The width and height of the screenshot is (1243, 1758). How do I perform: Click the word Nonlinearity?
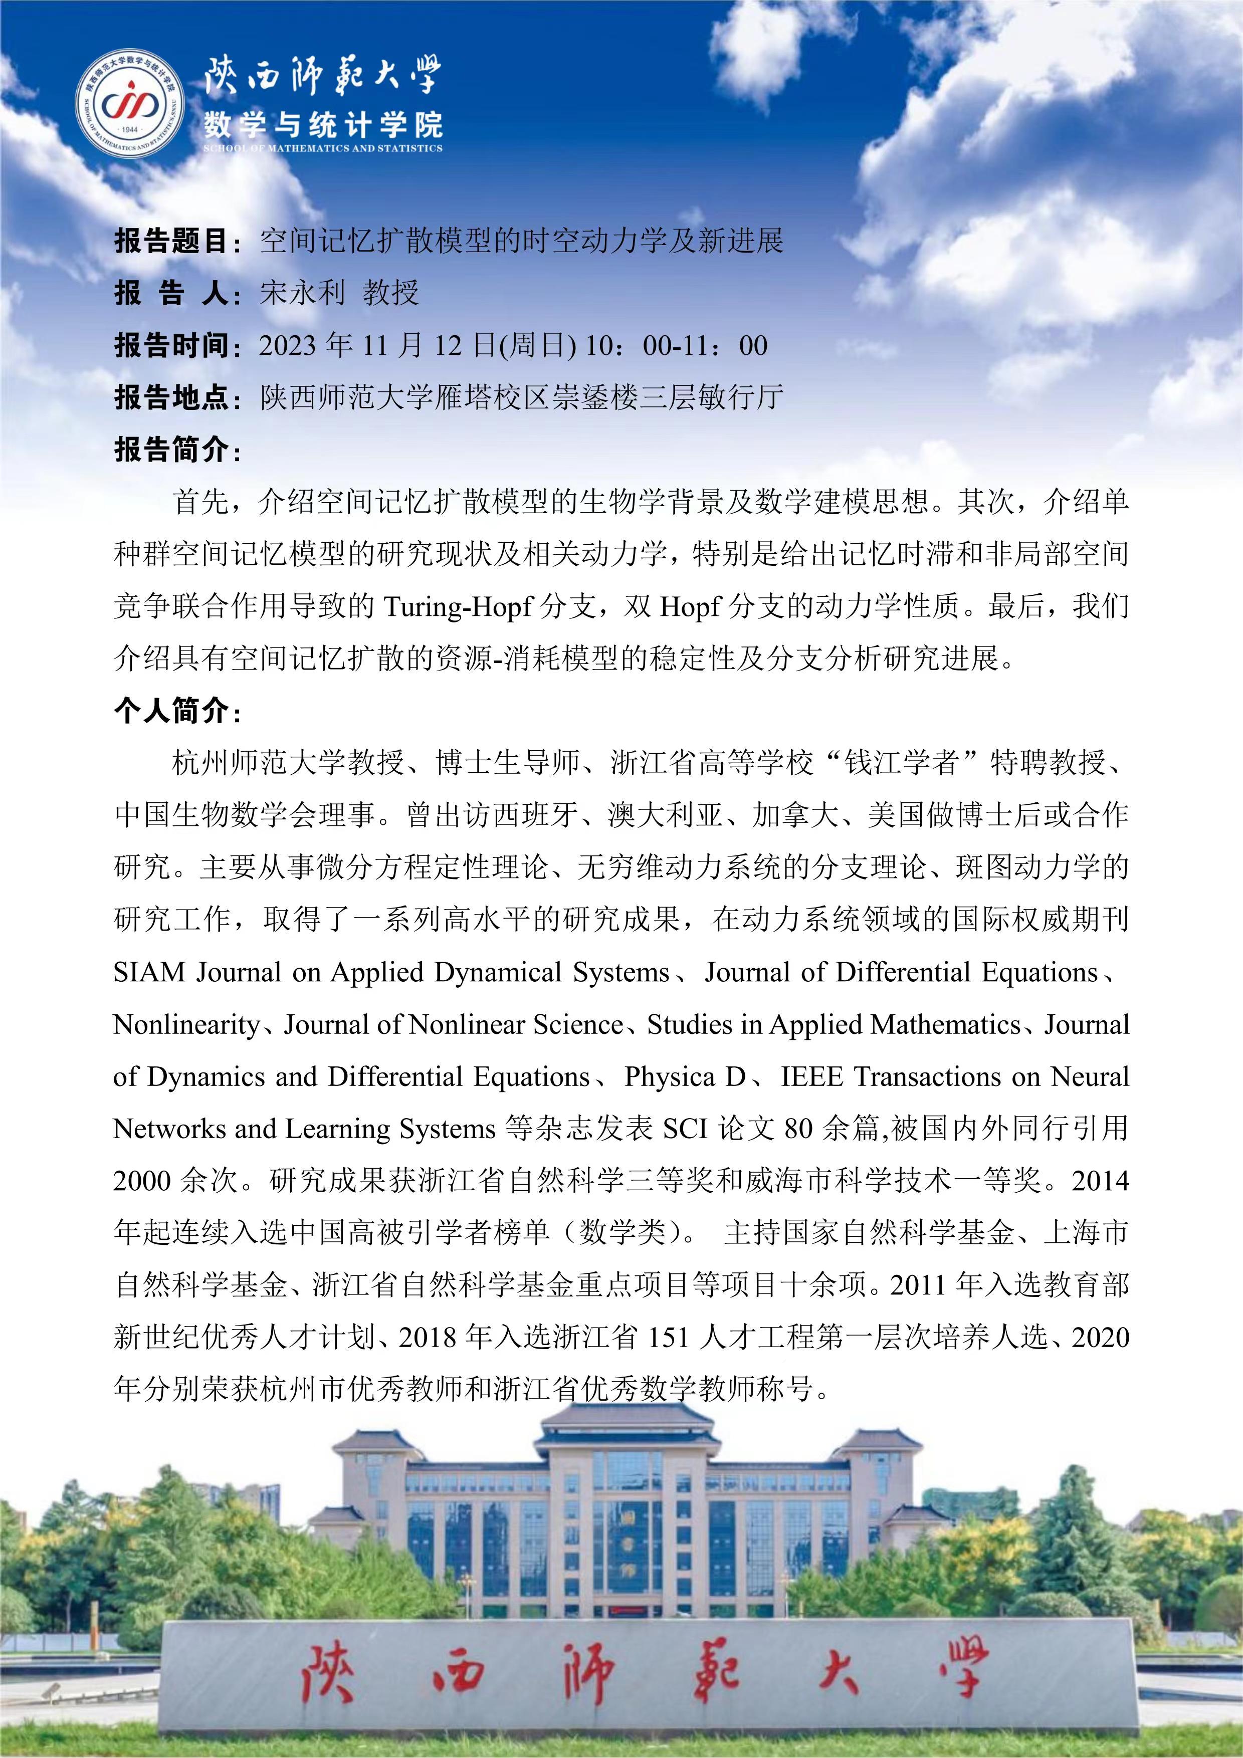(x=186, y=1024)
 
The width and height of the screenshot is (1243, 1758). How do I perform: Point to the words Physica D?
(x=684, y=1076)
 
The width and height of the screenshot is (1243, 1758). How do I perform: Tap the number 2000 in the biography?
(x=142, y=1181)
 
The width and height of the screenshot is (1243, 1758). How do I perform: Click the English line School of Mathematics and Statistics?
(x=322, y=148)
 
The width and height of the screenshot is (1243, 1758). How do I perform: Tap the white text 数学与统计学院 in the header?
(x=322, y=122)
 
